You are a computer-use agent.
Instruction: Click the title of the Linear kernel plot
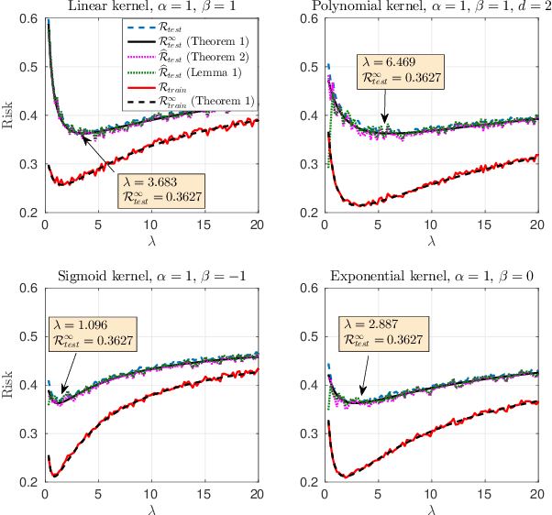150,8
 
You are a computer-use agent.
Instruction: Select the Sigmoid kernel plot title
150,277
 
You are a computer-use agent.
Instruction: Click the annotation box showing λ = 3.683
162,188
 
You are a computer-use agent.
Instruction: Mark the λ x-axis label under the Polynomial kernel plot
430,240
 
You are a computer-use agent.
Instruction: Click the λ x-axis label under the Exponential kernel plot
430,509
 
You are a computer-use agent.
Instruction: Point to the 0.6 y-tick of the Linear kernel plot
29,19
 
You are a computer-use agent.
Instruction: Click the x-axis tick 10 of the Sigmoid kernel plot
150,493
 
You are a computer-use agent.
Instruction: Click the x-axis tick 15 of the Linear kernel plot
204,225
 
